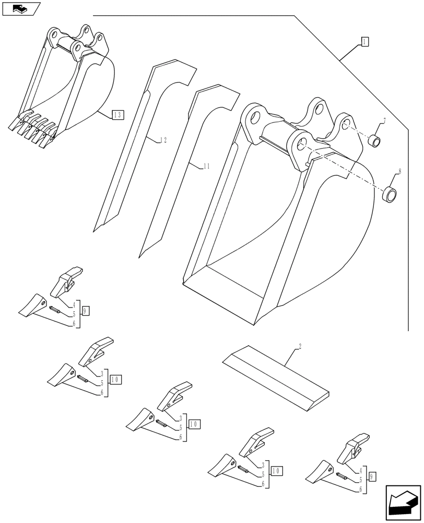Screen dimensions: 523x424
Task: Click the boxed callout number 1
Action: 364,42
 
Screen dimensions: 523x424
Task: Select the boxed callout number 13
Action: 117,115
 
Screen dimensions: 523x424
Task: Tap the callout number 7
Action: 384,121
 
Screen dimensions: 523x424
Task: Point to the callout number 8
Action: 399,171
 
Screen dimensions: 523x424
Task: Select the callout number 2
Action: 300,346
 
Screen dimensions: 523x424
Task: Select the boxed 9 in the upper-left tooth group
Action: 86,311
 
